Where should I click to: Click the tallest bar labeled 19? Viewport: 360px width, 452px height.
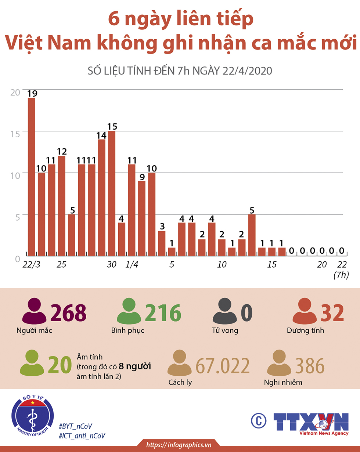click(32, 177)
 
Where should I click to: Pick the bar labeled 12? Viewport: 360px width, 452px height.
click(62, 206)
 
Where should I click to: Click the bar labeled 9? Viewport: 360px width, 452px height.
click(142, 218)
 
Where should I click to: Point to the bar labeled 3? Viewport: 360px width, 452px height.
click(162, 243)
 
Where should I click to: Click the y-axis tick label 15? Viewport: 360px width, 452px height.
click(15, 134)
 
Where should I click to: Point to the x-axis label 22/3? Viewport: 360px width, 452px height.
click(32, 265)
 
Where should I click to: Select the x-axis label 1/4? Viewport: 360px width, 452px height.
click(132, 265)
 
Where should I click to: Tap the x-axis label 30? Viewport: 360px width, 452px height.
click(112, 265)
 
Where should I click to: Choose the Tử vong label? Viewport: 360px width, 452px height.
click(225, 330)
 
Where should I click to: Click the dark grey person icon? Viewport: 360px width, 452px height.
click(224, 313)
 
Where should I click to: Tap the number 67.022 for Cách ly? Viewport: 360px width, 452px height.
click(223, 366)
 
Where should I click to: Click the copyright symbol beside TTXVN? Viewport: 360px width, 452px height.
click(259, 421)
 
